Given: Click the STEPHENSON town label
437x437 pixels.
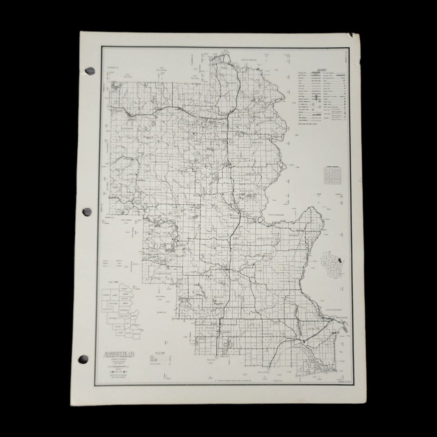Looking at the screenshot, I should tap(163, 274).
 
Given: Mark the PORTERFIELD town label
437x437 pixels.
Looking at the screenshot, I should tap(288, 281).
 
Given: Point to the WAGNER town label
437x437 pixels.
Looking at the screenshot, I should tap(294, 235).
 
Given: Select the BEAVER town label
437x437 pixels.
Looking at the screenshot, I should tap(218, 297).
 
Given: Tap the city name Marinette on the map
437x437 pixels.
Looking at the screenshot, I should tap(341, 318).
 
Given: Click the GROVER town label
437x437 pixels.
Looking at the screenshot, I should tap(267, 333).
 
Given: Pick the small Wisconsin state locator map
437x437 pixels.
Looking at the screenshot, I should tap(332, 264).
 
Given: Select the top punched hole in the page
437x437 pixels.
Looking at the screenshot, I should tap(90, 71).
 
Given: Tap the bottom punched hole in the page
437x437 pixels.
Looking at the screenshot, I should tap(83, 359).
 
